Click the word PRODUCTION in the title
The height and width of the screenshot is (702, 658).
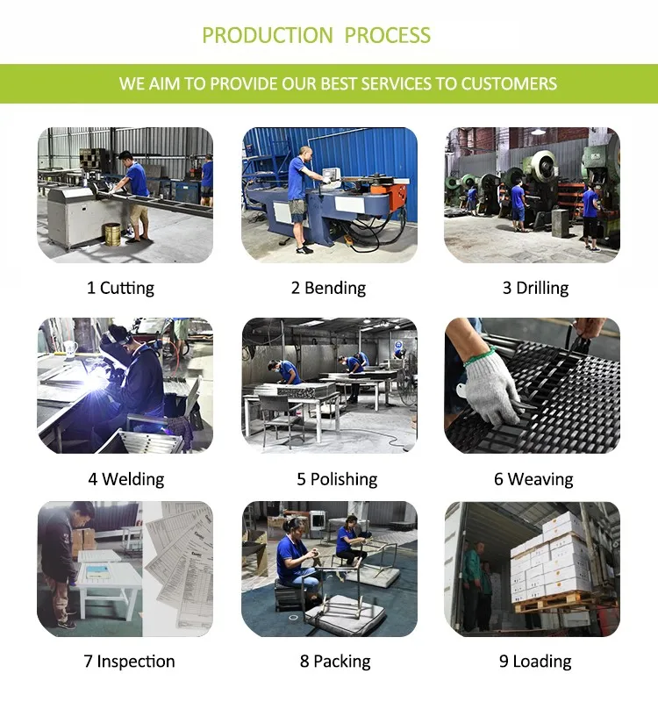268,35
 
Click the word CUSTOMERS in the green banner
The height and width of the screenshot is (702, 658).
509,83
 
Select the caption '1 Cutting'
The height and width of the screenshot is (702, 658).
120,288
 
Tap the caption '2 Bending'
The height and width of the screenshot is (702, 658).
328,288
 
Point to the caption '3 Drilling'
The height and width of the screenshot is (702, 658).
535,288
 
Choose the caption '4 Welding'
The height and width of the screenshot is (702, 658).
126,479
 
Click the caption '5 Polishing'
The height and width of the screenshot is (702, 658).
337,479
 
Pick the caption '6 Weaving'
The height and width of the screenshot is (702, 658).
533,479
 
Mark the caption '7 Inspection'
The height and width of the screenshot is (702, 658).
129,662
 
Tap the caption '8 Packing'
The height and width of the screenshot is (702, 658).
335,662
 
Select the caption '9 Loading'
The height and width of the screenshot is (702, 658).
535,662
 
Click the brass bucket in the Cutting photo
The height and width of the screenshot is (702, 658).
112,234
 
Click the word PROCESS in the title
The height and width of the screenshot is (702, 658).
388,35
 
